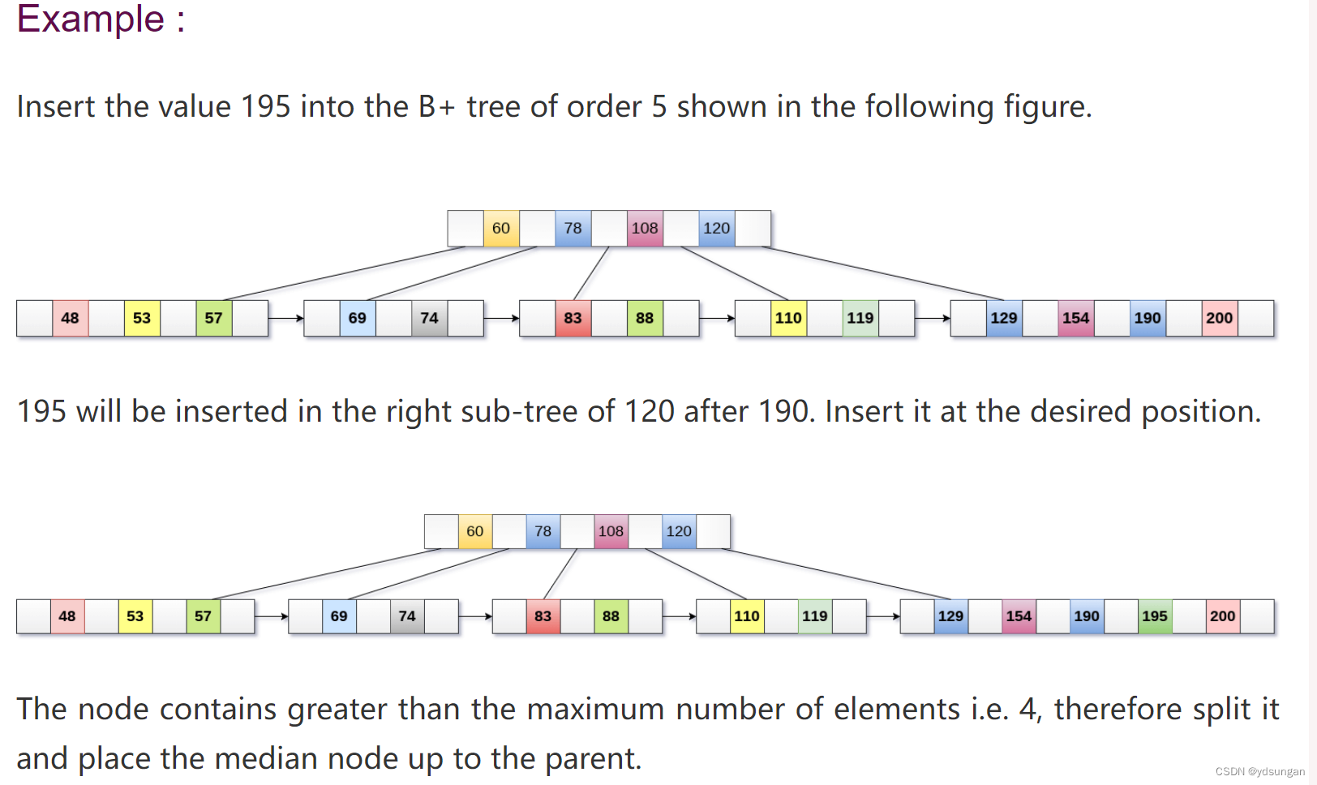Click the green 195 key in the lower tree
(x=1154, y=616)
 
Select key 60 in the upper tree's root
(x=501, y=229)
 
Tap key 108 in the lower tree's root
(x=611, y=531)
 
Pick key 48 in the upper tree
(x=71, y=318)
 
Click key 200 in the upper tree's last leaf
(x=1219, y=318)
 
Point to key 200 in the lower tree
(x=1222, y=616)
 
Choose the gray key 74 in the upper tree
(x=429, y=318)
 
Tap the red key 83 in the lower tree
(x=543, y=616)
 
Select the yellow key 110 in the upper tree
(x=788, y=318)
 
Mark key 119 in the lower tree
(x=814, y=616)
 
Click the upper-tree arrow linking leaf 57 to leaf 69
(x=285, y=318)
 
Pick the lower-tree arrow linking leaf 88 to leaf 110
(x=679, y=616)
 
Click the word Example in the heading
(x=90, y=19)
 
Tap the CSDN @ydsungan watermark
(x=1259, y=771)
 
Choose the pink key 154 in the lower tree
(x=1019, y=616)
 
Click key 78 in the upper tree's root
(x=573, y=229)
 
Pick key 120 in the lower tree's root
(x=679, y=531)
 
